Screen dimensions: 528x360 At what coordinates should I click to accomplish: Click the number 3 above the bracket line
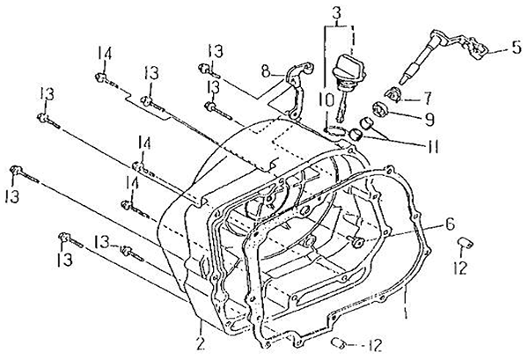point(337,13)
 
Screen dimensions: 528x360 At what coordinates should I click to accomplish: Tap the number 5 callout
point(517,48)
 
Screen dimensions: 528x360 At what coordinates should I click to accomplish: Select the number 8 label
point(266,71)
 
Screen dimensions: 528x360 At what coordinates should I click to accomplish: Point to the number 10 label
point(326,100)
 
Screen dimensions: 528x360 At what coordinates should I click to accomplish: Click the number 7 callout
point(427,98)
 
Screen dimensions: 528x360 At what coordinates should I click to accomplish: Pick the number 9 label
point(429,119)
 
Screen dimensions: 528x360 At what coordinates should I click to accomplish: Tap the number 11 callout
point(433,146)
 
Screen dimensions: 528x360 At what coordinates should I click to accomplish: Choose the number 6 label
point(450,224)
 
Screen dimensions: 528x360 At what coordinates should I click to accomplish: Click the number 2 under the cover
point(201,343)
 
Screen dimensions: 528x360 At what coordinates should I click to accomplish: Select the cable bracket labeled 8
point(297,91)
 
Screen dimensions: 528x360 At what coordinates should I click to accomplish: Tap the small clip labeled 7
point(393,95)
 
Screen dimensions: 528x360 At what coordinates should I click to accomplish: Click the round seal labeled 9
point(381,110)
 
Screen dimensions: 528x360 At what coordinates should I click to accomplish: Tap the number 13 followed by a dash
point(103,242)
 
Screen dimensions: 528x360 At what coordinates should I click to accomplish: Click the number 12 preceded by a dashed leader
point(375,345)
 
